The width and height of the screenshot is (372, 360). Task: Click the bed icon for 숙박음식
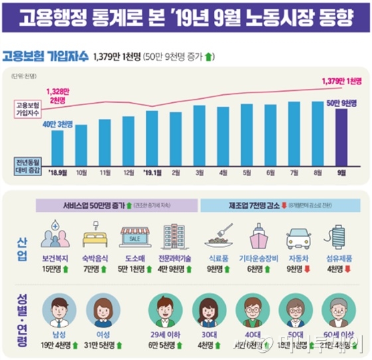(x=92, y=238)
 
